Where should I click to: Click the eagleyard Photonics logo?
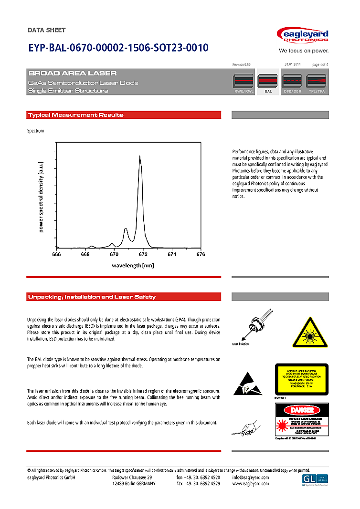coord(303,36)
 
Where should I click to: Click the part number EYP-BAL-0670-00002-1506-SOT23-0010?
coord(118,48)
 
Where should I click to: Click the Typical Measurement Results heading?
coord(76,115)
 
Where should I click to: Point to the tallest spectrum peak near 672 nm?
coord(140,157)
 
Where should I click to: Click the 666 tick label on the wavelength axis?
coord(56,255)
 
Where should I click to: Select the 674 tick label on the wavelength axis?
coord(172,255)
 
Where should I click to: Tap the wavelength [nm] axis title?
coord(133,265)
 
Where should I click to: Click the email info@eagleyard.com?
coord(250,478)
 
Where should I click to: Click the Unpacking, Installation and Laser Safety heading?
coord(92,297)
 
